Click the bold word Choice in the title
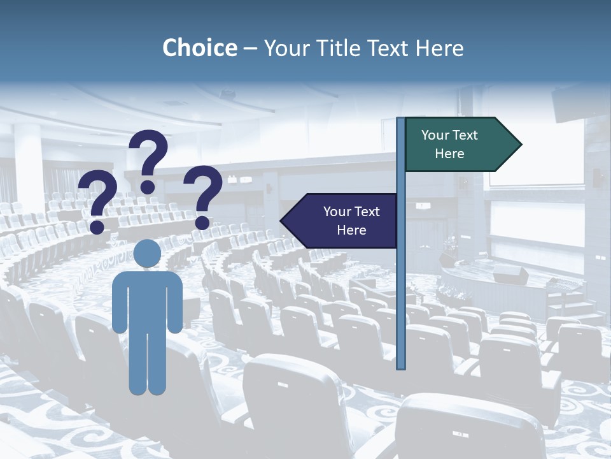[x=199, y=48]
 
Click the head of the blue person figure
[x=148, y=253]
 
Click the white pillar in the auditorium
[x=29, y=166]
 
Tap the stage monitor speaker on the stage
[x=511, y=275]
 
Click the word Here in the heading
[x=440, y=48]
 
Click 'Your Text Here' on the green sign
[x=449, y=144]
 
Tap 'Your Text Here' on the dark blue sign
[x=351, y=221]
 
